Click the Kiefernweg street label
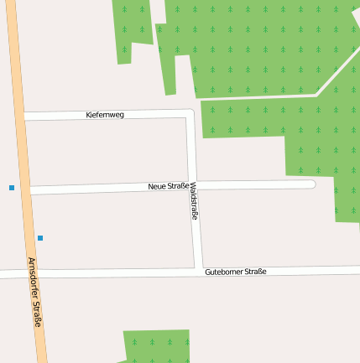coord(105,114)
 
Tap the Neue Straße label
coord(168,186)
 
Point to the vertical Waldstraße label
coord(195,201)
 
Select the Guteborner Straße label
coord(235,272)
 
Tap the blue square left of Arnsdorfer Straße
coord(12,188)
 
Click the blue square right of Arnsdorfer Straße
coord(40,238)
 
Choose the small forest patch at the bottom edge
coord(156,345)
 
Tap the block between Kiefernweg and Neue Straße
coord(105,150)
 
